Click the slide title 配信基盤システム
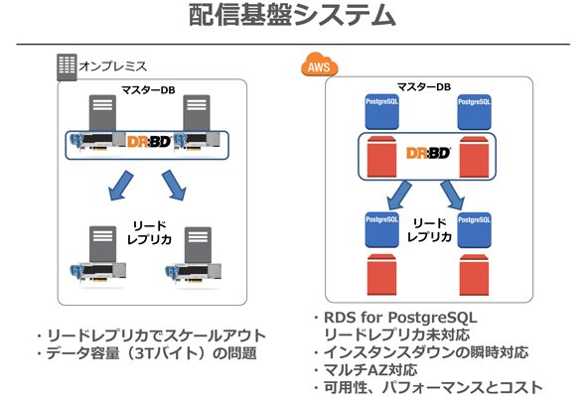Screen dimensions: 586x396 [x=292, y=15]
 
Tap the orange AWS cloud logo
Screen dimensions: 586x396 [x=320, y=65]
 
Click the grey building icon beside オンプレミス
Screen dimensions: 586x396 [x=67, y=67]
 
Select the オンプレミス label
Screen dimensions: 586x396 [x=113, y=66]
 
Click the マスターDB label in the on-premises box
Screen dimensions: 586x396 [x=148, y=90]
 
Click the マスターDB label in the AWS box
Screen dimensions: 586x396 [x=424, y=87]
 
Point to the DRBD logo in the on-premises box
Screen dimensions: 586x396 [x=149, y=142]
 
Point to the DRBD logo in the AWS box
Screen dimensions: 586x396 [x=428, y=153]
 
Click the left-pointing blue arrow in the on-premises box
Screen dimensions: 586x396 [x=120, y=186]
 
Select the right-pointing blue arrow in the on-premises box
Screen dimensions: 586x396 [x=174, y=186]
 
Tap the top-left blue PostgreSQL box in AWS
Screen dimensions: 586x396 [x=381, y=112]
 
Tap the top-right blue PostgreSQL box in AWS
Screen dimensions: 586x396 [x=474, y=112]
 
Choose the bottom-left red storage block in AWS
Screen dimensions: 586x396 [x=381, y=275]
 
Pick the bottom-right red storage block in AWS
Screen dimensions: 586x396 [x=474, y=275]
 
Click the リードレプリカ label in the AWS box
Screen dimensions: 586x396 [x=429, y=230]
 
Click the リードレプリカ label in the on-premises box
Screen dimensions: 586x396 [x=150, y=232]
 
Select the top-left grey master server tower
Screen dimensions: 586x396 [x=102, y=113]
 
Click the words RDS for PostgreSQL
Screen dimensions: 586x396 [x=400, y=318]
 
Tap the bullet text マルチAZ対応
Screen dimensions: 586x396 [x=370, y=370]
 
